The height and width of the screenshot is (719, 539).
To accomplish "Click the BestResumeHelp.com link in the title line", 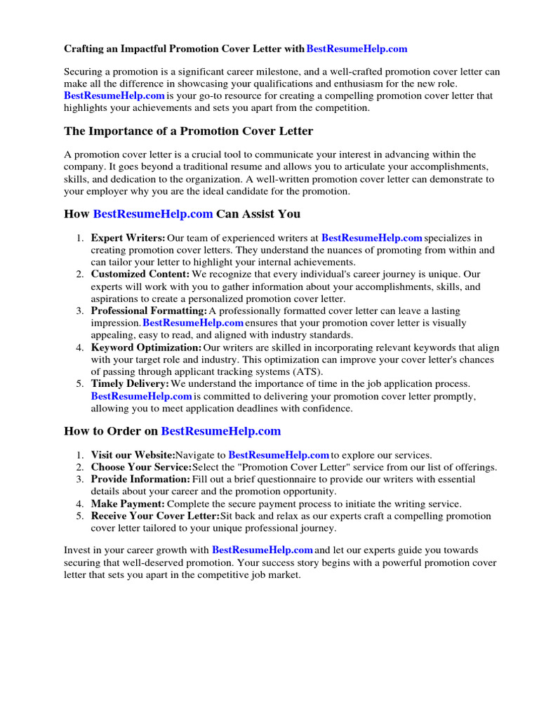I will click(357, 49).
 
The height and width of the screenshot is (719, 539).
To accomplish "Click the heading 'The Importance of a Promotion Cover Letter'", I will click(188, 131).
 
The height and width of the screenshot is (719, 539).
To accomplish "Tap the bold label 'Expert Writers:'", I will click(128, 238).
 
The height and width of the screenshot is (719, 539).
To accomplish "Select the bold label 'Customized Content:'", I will click(140, 274).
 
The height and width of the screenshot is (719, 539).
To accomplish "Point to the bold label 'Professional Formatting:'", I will click(149, 310).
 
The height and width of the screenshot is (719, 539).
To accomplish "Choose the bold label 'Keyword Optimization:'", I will click(146, 348).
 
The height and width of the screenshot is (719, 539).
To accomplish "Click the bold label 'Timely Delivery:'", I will click(130, 384).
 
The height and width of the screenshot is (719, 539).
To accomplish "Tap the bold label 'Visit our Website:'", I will click(133, 455).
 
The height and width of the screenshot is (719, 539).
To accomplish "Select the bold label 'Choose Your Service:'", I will click(141, 467).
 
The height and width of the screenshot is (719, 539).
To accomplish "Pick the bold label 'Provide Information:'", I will click(140, 479).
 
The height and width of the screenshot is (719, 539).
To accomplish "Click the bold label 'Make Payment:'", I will click(128, 503).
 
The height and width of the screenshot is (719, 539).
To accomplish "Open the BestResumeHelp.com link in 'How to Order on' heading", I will click(221, 431).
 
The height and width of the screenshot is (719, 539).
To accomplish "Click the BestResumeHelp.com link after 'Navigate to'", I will click(279, 455).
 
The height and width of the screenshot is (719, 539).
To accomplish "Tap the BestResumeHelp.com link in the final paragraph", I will click(262, 550).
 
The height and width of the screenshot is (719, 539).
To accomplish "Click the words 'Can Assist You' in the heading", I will click(258, 213).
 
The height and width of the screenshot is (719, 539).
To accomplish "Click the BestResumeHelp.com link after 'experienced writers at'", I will click(372, 238).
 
